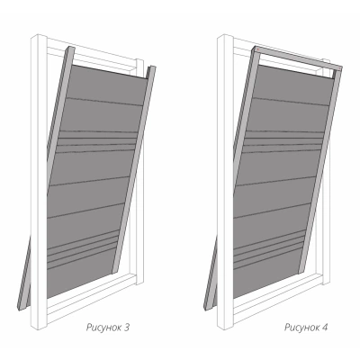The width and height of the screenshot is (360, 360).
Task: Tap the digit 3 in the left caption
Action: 127,327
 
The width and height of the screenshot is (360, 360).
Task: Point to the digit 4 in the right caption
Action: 325,327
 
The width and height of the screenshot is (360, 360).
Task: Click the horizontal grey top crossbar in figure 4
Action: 299,58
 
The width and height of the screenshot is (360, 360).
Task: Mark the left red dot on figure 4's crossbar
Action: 257,49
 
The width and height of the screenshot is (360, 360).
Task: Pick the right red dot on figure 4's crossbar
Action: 339,69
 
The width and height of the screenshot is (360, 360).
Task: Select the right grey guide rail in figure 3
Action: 134,169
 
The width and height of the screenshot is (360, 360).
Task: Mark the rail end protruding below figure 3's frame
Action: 24,276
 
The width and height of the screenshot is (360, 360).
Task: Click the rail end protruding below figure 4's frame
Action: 210,276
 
